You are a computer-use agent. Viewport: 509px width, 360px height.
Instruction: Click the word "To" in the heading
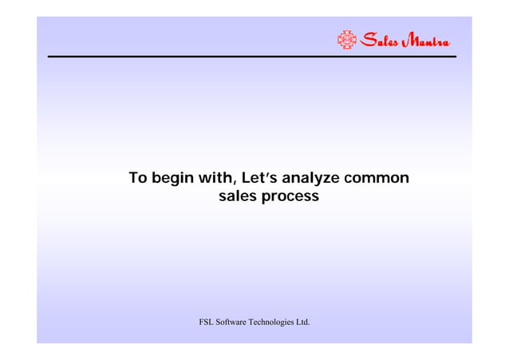pos(139,177)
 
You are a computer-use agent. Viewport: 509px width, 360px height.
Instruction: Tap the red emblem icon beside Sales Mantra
pos(346,40)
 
